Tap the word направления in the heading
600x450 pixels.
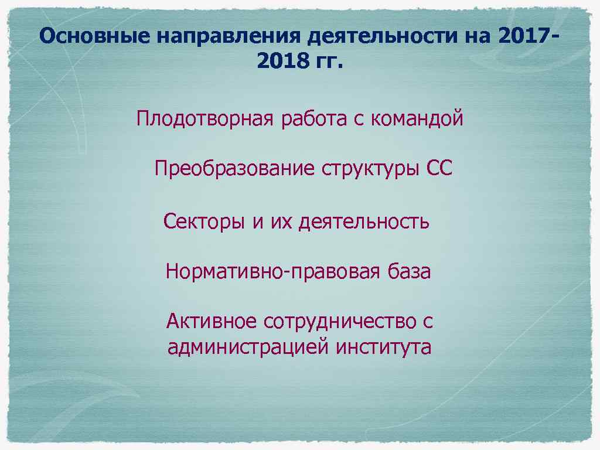pos(229,37)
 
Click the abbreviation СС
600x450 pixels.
pos(439,169)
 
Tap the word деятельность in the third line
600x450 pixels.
pos(363,221)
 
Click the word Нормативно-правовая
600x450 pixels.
pos(275,272)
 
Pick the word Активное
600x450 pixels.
pos(211,321)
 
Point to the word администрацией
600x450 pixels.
pos(248,347)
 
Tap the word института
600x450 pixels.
pos(384,347)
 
